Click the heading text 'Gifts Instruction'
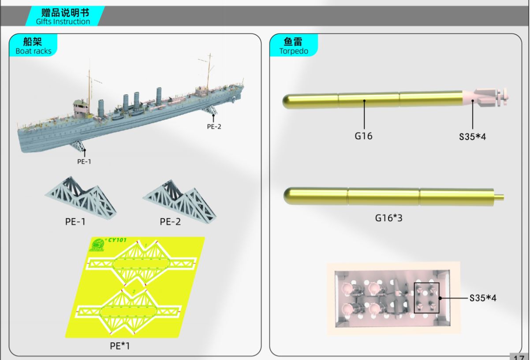point(63,22)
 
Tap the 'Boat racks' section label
point(33,51)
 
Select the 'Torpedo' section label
point(293,51)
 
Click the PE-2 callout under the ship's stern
point(214,126)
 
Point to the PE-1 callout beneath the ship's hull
point(84,161)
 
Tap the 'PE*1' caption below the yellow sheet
point(120,346)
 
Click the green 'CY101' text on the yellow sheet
point(116,240)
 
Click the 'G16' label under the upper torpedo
point(363,136)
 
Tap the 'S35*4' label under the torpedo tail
point(472,137)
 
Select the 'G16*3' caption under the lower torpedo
point(389,218)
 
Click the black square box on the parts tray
point(426,298)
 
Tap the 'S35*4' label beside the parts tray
point(483,298)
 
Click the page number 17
point(519,357)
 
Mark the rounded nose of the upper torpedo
point(288,102)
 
